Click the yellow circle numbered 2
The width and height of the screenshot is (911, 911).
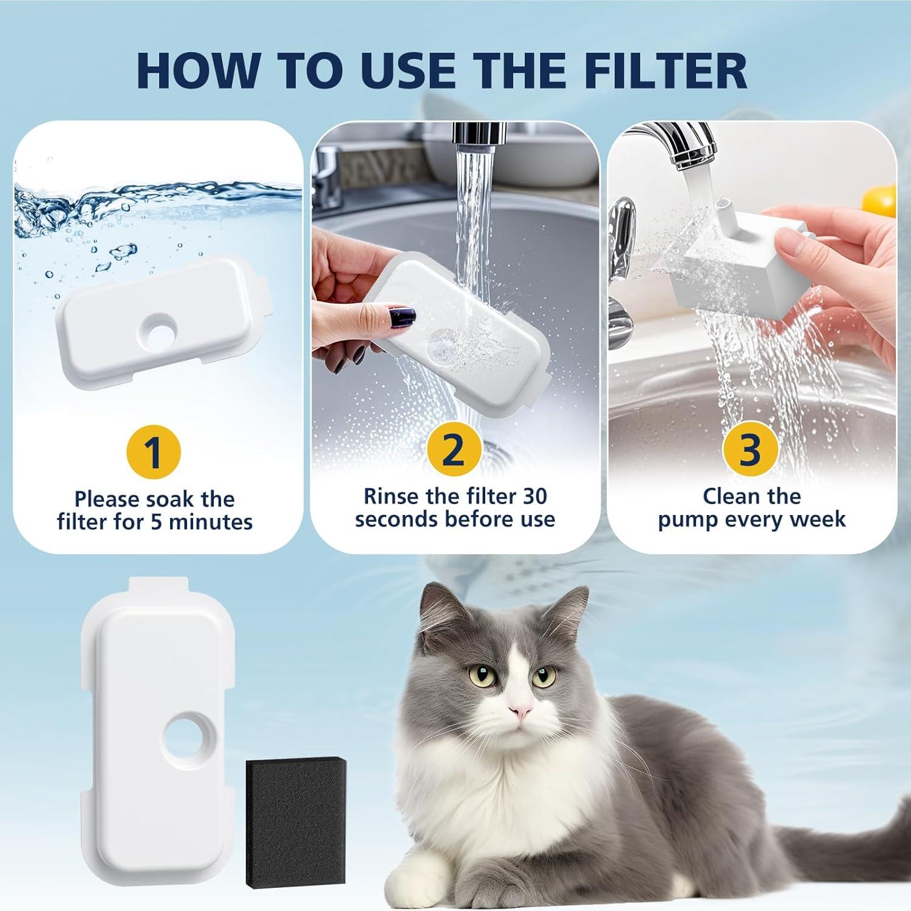click(x=454, y=449)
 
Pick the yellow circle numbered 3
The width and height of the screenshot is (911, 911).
click(x=751, y=449)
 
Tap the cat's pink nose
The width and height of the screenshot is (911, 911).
click(x=520, y=710)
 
